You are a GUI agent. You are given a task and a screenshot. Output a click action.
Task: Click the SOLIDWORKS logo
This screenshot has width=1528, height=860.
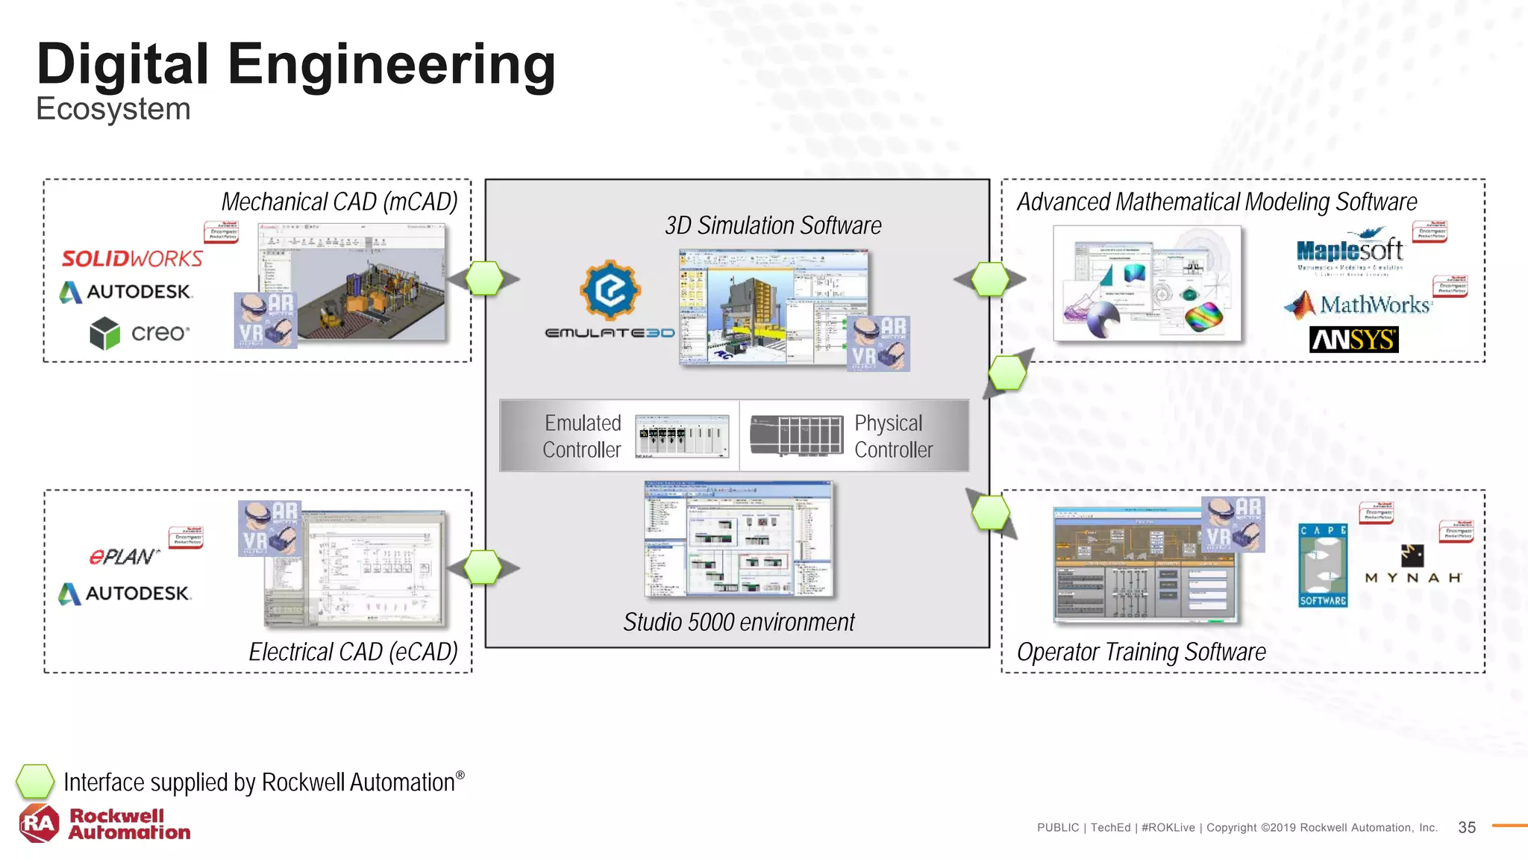[132, 258]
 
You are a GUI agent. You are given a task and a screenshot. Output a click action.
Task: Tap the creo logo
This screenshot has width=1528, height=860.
[140, 333]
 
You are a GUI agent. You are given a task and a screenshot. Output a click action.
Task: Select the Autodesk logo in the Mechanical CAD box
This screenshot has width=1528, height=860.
[126, 292]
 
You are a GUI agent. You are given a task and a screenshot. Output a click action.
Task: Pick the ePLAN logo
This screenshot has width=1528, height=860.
[124, 557]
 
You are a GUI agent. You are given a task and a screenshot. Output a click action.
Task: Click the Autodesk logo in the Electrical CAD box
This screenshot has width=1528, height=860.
[125, 593]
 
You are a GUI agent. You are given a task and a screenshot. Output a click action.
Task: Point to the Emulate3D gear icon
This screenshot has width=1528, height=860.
[610, 290]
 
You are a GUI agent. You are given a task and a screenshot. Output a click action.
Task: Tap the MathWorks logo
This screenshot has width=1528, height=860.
[1358, 304]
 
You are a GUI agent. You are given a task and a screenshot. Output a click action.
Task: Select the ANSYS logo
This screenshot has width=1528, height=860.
[1353, 340]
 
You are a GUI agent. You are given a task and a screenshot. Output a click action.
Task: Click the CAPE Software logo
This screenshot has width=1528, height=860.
[1323, 565]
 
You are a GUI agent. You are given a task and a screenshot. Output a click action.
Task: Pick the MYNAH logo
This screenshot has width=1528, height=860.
[1412, 565]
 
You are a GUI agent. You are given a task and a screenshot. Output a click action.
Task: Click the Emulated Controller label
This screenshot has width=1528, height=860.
[582, 436]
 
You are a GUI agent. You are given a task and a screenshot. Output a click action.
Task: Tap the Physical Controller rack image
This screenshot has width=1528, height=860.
[796, 435]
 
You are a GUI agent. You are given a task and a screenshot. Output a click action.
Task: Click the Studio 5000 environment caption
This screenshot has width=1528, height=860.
[739, 622]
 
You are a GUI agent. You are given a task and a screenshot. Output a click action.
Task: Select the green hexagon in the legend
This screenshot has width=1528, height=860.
[35, 782]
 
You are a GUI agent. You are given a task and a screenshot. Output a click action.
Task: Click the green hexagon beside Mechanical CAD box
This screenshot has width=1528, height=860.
[485, 278]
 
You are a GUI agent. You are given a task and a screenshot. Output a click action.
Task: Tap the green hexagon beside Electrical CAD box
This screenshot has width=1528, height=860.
[483, 567]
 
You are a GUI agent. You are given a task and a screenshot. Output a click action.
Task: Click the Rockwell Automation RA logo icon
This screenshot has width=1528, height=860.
[39, 823]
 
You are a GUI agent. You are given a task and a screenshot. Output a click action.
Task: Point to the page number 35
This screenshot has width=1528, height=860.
[1466, 827]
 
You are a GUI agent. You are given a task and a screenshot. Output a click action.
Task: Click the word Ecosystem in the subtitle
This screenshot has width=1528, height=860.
[113, 109]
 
